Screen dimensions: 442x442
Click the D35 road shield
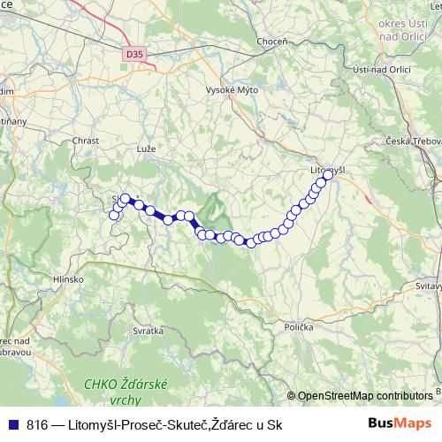[x=133, y=54]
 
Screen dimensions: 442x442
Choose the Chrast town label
[x=87, y=140]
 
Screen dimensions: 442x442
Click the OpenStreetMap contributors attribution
[x=364, y=396]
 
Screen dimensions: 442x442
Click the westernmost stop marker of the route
[x=113, y=215]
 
